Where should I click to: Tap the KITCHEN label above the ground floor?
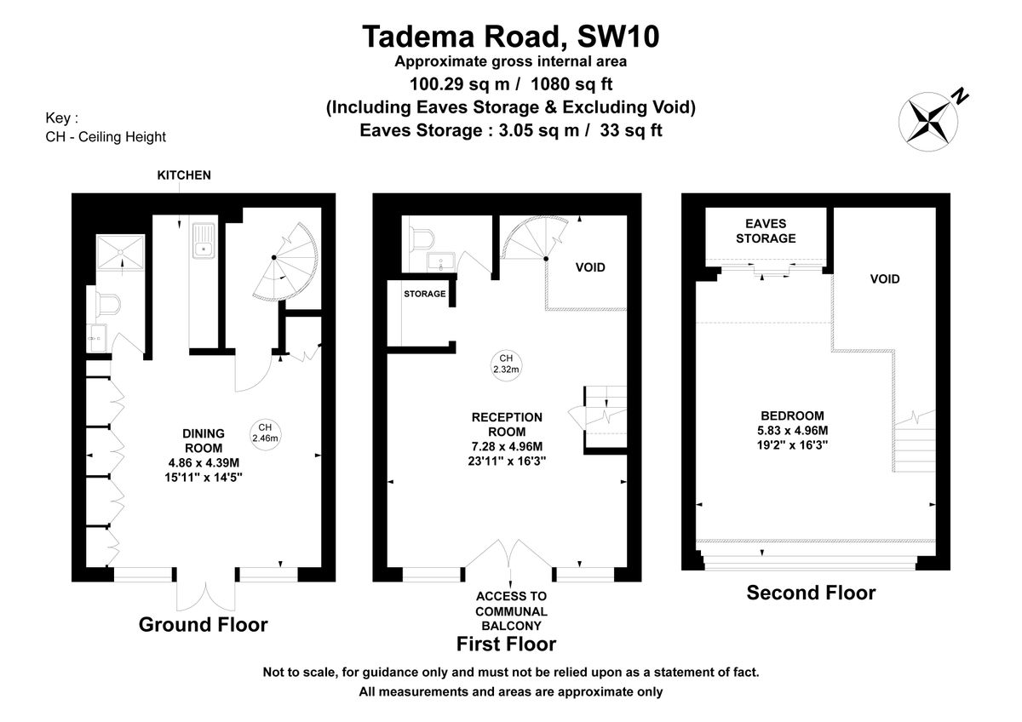point(184,175)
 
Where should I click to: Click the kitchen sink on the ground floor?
point(204,240)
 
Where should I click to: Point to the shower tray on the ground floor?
point(121,252)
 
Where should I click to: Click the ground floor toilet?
point(108,303)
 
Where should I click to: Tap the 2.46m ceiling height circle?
point(265,433)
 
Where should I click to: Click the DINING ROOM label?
point(204,440)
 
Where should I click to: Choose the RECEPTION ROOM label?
point(507,425)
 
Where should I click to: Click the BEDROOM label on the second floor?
point(793,416)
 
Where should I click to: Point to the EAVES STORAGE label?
point(766,232)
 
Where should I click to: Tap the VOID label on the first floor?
point(590,267)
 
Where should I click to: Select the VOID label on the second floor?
point(885,279)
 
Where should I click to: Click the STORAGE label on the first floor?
point(425,295)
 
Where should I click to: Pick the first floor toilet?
point(422,239)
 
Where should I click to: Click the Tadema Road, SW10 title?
point(510,37)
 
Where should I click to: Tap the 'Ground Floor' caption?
point(204,625)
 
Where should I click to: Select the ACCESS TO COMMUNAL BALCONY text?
point(511,611)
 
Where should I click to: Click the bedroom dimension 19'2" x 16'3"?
point(793,445)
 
